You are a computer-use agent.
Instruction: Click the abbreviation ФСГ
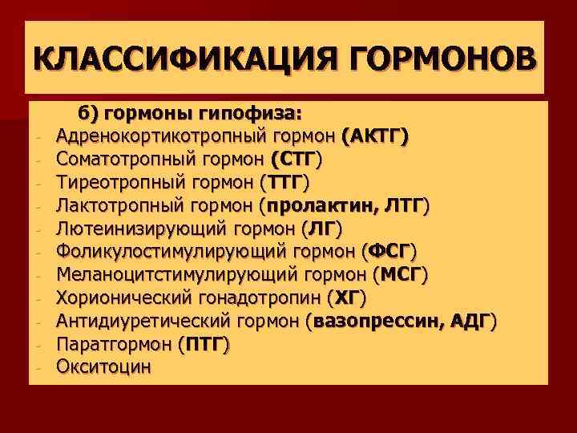[x=389, y=252]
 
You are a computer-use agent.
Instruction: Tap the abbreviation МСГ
[x=401, y=275]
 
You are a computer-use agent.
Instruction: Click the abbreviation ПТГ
[x=203, y=345]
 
